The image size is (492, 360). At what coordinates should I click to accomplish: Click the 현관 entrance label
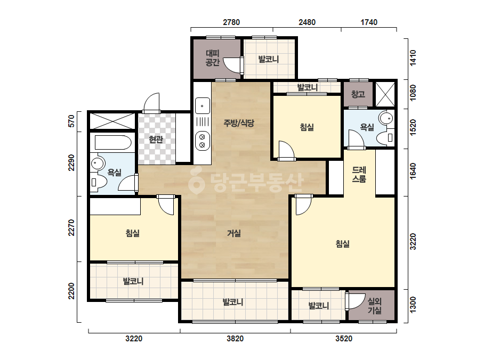156,139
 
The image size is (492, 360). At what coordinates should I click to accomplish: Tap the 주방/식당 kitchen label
239,123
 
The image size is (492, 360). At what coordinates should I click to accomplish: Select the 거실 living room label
234,233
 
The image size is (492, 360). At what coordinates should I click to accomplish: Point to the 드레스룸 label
359,175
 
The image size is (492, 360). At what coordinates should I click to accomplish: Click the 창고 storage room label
358,94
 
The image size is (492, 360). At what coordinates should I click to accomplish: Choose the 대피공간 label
213,58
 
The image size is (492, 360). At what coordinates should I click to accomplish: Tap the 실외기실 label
374,306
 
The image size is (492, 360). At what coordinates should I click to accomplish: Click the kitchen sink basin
203,105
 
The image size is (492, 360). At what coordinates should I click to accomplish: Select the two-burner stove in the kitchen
203,141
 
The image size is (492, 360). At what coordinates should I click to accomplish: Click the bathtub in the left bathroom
113,143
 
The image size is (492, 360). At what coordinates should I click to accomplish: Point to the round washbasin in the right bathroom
386,119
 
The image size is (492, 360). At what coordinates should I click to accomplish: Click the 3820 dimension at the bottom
235,339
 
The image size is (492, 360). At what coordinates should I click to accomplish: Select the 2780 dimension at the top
231,22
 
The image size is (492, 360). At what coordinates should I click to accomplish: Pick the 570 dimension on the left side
71,121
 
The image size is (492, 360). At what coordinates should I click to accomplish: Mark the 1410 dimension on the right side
413,58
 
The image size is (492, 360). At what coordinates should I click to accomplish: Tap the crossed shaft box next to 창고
385,94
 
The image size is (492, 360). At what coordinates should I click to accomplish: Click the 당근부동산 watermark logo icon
196,181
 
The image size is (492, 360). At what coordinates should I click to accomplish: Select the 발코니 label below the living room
233,302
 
